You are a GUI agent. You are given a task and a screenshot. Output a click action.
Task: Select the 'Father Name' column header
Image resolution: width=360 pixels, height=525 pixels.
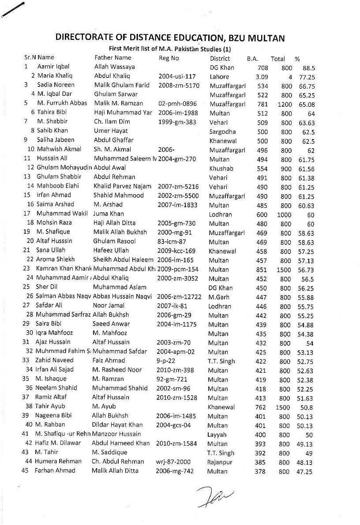pyautogui.click(x=113, y=58)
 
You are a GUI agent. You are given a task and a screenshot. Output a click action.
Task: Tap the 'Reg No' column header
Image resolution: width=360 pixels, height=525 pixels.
pyautogui.click(x=169, y=58)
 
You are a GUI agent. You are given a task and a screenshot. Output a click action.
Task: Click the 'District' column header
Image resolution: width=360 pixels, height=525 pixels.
pyautogui.click(x=220, y=58)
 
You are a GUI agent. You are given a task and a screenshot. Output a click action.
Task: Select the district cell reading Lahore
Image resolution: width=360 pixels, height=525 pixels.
pyautogui.click(x=219, y=77)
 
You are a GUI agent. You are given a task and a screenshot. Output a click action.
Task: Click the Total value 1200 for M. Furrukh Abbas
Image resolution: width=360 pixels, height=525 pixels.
pyautogui.click(x=284, y=104)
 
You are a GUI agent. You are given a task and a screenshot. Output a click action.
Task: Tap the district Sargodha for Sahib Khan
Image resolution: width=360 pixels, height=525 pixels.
pyautogui.click(x=223, y=131)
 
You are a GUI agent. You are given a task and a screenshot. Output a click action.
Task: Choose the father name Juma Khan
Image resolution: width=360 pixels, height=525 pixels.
pyautogui.click(x=109, y=214)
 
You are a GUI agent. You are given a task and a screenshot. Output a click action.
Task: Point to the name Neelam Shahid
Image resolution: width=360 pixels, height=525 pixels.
pyautogui.click(x=57, y=388)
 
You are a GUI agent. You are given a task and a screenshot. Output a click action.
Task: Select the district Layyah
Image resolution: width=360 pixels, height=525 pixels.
pyautogui.click(x=217, y=435)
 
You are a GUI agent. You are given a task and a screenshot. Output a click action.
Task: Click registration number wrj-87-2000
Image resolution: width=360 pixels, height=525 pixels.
pyautogui.click(x=173, y=461)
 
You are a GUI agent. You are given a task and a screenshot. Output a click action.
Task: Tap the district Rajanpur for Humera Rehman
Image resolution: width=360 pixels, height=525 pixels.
pyautogui.click(x=220, y=462)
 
